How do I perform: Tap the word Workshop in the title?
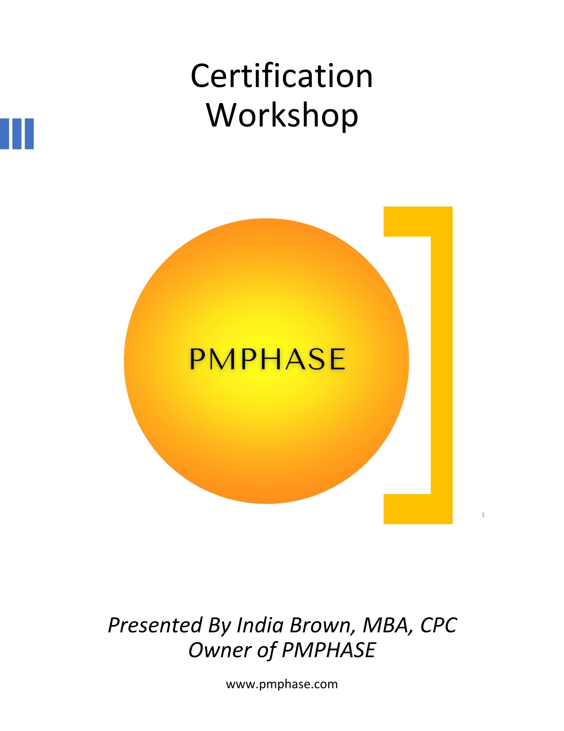point(282,115)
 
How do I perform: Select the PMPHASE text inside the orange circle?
point(267,359)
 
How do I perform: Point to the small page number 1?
point(483,515)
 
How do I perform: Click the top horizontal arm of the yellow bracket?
point(418,221)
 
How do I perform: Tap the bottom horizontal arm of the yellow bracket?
point(418,509)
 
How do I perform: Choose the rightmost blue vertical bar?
point(29,134)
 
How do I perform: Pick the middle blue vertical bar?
point(17,134)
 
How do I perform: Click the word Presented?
point(155,625)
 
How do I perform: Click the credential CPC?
point(438,625)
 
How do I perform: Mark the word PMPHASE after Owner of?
point(329,650)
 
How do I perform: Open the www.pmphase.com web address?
point(282,684)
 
